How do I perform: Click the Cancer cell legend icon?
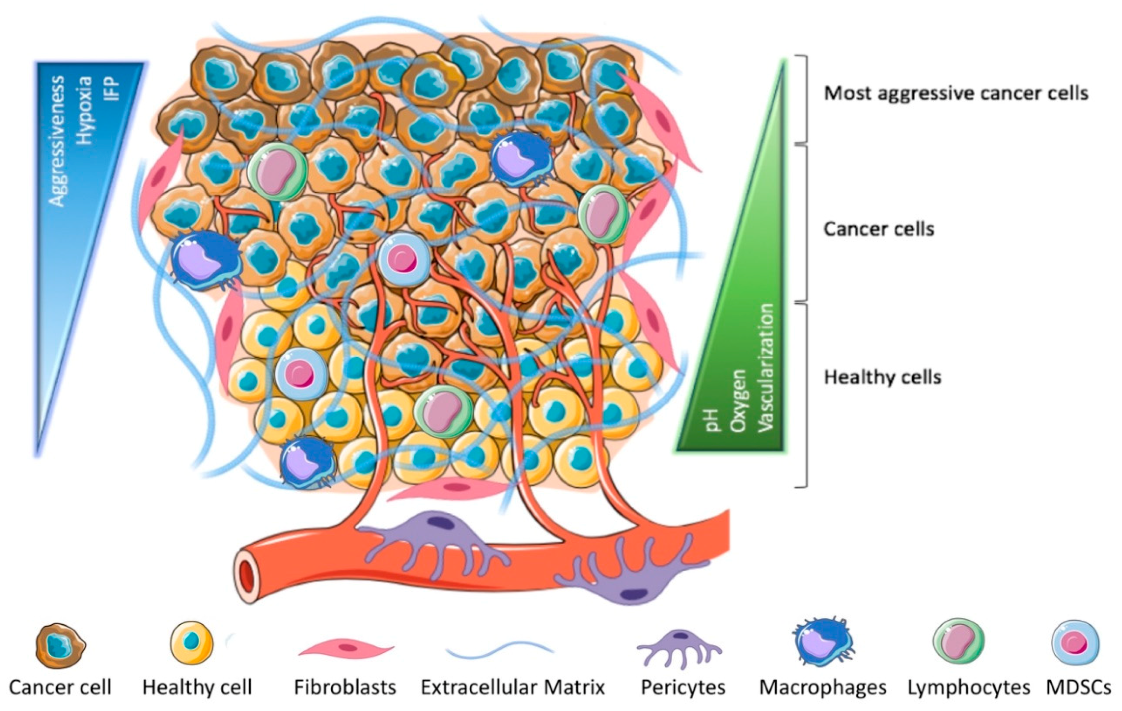click(61, 646)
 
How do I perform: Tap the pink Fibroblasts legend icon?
click(346, 648)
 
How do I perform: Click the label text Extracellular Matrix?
click(512, 687)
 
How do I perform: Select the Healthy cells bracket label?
click(882, 377)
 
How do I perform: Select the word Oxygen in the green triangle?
click(739, 401)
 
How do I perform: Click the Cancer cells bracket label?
click(879, 229)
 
